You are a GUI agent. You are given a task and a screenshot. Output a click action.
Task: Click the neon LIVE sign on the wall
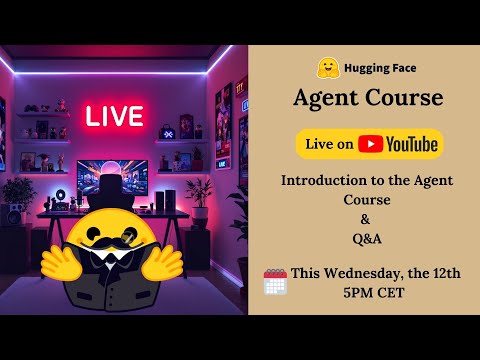pyautogui.click(x=113, y=115)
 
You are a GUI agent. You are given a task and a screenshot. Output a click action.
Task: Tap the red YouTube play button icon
pyautogui.click(x=371, y=145)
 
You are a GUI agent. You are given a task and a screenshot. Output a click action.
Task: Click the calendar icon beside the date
pyautogui.click(x=274, y=281)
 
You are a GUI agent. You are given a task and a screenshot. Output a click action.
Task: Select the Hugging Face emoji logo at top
pyautogui.click(x=326, y=69)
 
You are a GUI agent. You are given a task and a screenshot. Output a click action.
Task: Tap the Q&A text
pyautogui.click(x=364, y=238)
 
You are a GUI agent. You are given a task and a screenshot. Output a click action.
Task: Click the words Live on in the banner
pyautogui.click(x=329, y=145)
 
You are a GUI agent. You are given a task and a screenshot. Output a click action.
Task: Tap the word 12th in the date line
pyautogui.click(x=443, y=273)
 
